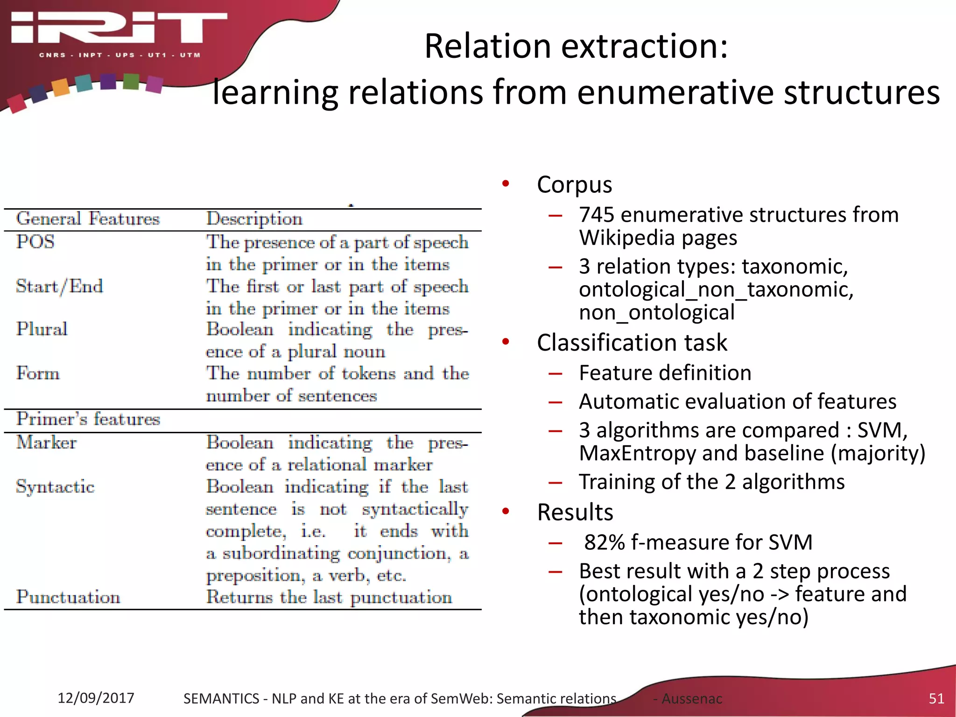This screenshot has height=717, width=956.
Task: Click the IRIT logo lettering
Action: click(119, 28)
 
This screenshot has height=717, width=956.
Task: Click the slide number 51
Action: click(936, 698)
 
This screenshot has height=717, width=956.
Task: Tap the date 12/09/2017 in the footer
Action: click(96, 698)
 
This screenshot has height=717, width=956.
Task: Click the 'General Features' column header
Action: click(88, 219)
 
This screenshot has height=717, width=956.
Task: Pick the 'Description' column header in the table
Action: click(254, 219)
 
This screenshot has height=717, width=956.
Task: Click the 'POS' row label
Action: click(35, 242)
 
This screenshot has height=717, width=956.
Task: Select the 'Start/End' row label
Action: click(59, 286)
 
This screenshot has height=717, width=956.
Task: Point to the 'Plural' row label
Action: click(42, 329)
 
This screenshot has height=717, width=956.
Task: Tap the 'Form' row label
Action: click(38, 373)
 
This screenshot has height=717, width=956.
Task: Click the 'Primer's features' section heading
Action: click(88, 419)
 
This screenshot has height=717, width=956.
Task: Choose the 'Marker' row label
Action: click(47, 443)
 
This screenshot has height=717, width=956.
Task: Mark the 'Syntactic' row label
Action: click(55, 487)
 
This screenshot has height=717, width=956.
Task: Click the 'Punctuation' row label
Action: click(68, 597)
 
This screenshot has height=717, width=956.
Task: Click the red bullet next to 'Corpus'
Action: click(506, 183)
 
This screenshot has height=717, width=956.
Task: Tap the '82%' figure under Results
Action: click(604, 542)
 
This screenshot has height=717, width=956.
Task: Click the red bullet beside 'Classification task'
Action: click(506, 342)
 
